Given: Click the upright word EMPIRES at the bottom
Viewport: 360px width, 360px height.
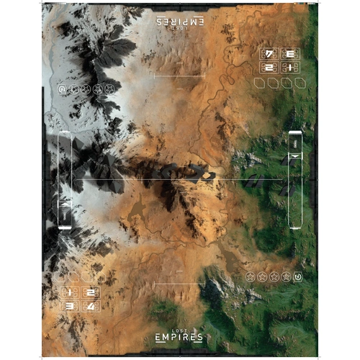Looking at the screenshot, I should [x=178, y=336].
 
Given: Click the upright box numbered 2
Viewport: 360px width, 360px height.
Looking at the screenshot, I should [x=90, y=292].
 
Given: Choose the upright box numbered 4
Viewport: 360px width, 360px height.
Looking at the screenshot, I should [x=90, y=306].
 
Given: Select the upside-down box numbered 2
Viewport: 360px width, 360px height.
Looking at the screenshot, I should [x=269, y=67].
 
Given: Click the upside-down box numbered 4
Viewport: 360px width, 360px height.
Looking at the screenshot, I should [x=269, y=53].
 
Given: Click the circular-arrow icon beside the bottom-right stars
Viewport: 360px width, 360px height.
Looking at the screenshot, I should [x=298, y=276].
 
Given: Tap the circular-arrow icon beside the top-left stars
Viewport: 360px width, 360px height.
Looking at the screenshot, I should [x=62, y=89].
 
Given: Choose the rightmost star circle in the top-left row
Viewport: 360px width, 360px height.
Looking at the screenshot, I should [x=109, y=89].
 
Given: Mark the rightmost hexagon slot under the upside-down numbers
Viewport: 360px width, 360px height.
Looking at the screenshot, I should [x=297, y=84].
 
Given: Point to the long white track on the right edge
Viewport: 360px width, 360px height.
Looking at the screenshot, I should [x=295, y=179].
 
